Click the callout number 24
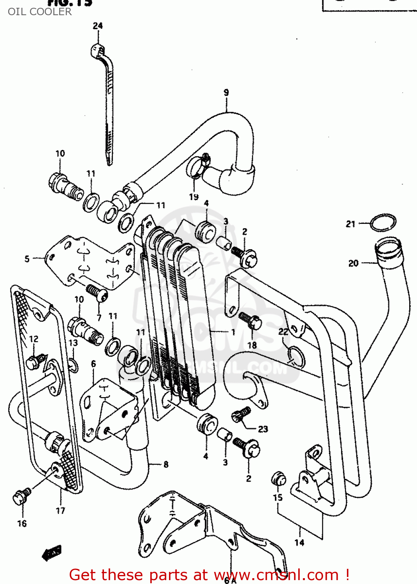[98, 26]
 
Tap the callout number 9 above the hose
[226, 93]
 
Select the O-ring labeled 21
[383, 223]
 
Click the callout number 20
[353, 264]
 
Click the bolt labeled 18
[251, 322]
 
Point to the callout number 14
[299, 543]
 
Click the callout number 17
[60, 511]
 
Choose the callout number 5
[27, 259]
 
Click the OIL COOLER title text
[40, 12]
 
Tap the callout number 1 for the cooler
[233, 332]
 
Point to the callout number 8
[166, 464]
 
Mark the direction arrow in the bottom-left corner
[52, 553]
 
